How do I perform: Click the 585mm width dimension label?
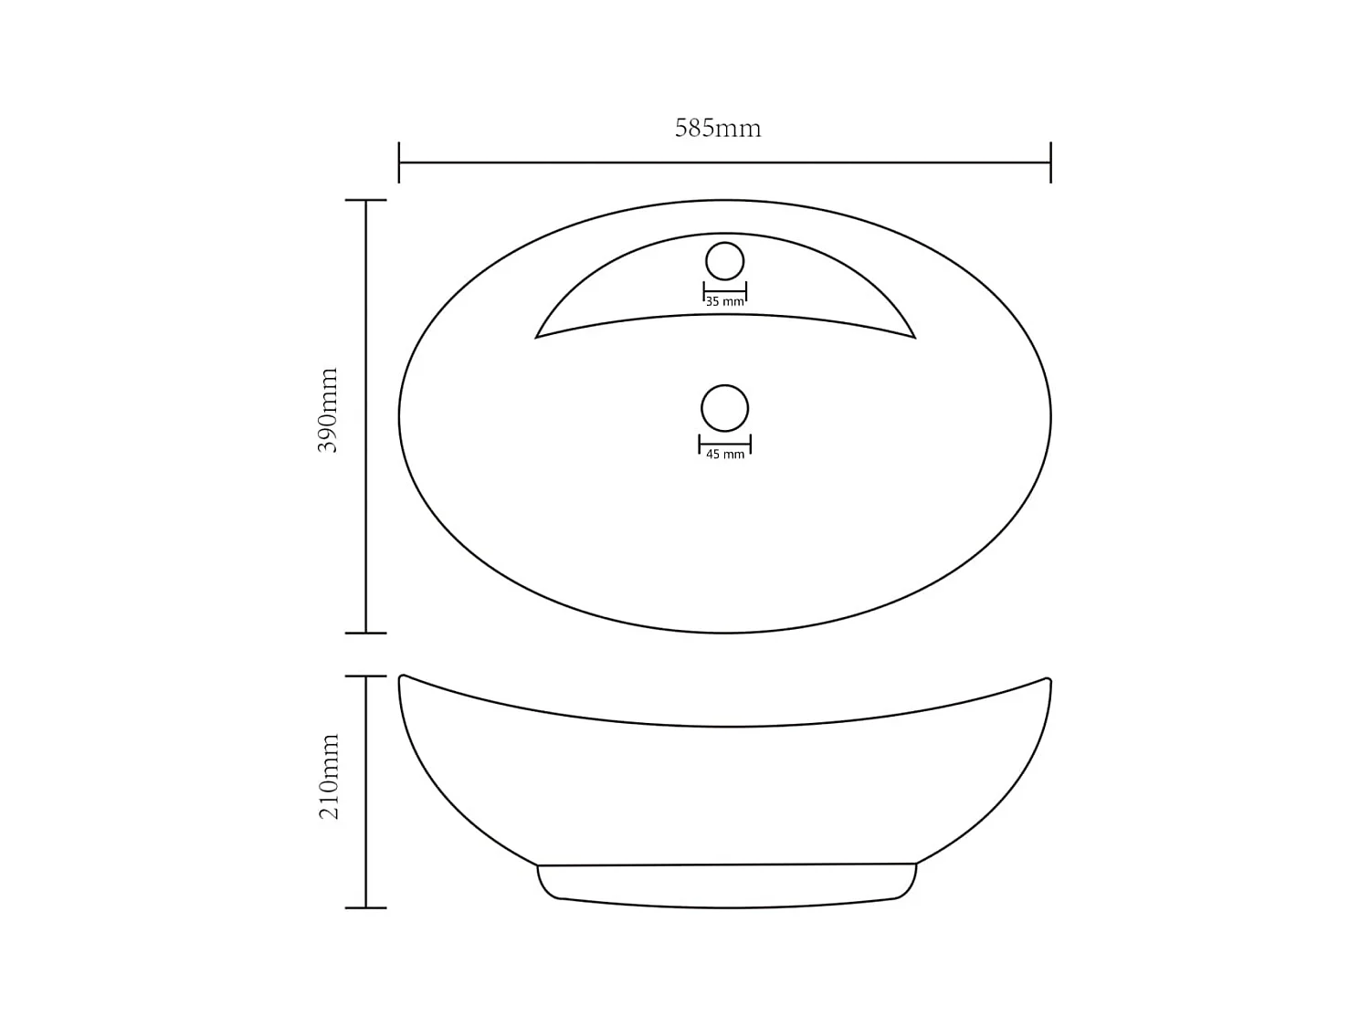point(718,129)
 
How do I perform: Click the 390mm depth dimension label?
point(328,411)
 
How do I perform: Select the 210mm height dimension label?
point(329,776)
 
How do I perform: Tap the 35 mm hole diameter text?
point(725,302)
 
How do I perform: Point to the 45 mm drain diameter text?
point(725,455)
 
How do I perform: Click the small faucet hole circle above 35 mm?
point(725,261)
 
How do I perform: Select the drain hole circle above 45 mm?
point(725,408)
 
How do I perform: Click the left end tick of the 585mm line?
point(399,162)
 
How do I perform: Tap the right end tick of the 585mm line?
point(1050,162)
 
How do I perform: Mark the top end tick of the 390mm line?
point(366,200)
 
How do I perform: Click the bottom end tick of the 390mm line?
point(366,633)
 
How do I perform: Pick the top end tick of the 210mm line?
point(366,676)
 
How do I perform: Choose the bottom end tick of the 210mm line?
point(366,907)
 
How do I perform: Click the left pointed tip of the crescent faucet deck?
point(537,337)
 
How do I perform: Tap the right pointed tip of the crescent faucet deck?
point(913,337)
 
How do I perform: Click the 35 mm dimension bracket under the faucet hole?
point(725,291)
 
